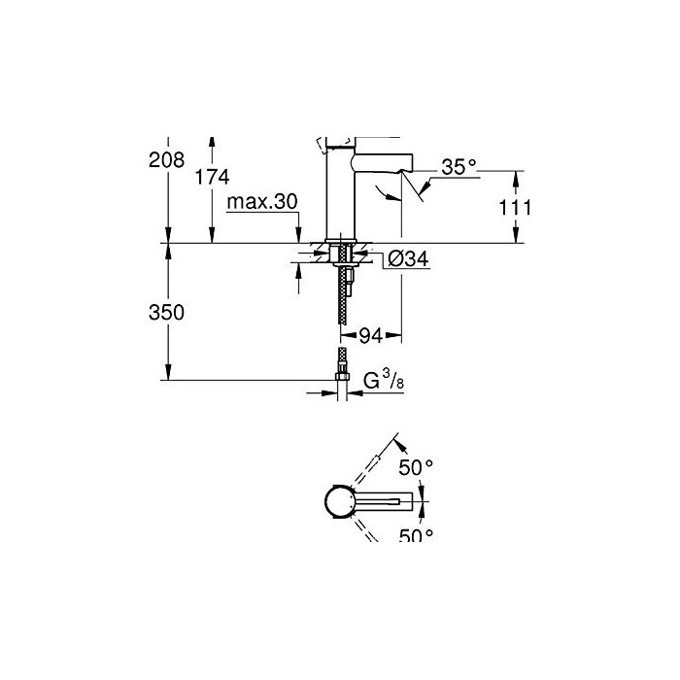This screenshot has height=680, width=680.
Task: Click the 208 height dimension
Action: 166,160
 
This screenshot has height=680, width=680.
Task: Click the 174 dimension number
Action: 212,177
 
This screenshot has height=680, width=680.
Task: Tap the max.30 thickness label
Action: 262,202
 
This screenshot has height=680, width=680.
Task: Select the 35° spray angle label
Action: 459,167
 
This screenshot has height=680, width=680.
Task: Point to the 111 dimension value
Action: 515,208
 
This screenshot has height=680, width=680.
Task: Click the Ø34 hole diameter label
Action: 408,259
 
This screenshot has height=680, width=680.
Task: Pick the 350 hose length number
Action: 166,312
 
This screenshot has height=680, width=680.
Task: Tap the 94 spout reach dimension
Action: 371,336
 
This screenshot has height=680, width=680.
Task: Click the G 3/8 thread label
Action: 384,381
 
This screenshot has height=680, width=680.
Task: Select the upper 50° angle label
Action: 416,467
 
